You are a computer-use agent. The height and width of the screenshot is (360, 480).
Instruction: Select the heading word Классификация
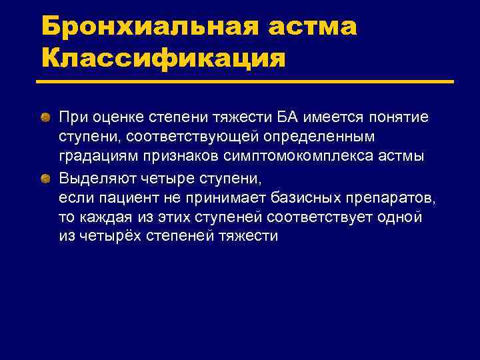point(163,59)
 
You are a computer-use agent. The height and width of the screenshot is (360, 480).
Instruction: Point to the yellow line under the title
point(244,83)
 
